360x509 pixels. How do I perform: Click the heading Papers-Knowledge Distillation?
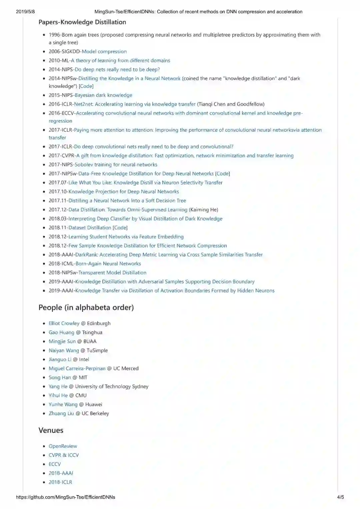[82, 22]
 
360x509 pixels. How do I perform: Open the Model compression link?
[104, 52]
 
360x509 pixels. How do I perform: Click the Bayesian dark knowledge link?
[103, 95]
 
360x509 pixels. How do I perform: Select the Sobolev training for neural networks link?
[116, 165]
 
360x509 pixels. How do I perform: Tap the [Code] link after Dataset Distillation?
[120, 228]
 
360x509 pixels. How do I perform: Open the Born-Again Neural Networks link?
[108, 264]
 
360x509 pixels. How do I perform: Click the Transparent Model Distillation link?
[112, 273]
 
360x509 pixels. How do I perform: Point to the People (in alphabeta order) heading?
[86, 307]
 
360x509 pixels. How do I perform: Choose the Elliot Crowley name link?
[64, 323]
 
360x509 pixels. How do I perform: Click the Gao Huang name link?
[61, 332]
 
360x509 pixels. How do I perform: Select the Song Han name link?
[60, 377]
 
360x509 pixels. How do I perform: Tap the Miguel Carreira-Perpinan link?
[77, 368]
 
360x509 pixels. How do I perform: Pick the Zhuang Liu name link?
[61, 413]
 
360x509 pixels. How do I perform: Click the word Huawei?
[94, 404]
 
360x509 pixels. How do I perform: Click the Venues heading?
[51, 430]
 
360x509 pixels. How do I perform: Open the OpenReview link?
[63, 446]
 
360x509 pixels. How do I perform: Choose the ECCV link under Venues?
[55, 464]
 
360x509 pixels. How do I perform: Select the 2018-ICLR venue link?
[60, 482]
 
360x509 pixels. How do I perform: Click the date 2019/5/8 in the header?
[25, 12]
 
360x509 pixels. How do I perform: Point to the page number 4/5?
[340, 497]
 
